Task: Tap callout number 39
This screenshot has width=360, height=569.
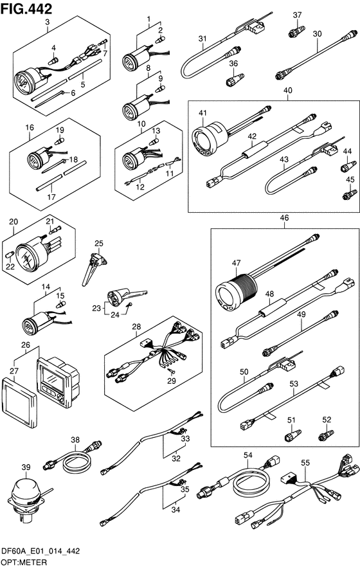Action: (x=26, y=467)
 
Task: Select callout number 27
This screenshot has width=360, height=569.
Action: (x=14, y=370)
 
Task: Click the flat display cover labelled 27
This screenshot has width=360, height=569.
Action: (x=19, y=402)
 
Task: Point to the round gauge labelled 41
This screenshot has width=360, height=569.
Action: (x=210, y=142)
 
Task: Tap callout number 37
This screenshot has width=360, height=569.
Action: (x=297, y=15)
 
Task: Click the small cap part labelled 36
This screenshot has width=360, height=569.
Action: (x=235, y=80)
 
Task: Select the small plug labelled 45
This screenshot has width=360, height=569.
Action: (x=350, y=194)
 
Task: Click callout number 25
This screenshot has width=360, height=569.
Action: (x=99, y=244)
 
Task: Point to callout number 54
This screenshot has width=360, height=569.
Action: (x=248, y=455)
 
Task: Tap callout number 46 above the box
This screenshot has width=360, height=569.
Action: (x=285, y=218)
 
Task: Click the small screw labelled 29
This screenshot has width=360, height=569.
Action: (x=171, y=370)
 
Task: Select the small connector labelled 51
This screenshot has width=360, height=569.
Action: (x=293, y=435)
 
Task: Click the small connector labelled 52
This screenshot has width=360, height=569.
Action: (x=325, y=435)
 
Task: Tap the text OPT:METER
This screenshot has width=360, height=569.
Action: (x=24, y=563)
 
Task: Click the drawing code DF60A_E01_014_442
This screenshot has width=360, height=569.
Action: (x=40, y=552)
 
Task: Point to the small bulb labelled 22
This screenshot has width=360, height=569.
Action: (x=11, y=254)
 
